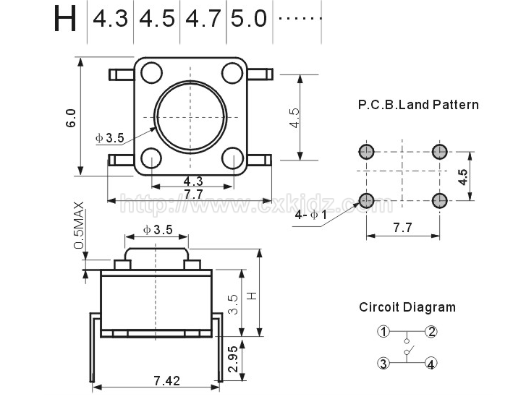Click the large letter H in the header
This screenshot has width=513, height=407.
[65, 18]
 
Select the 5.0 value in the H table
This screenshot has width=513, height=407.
[249, 19]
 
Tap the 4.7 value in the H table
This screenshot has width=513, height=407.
[203, 19]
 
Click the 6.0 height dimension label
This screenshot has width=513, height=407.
[71, 118]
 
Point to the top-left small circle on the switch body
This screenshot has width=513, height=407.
[151, 72]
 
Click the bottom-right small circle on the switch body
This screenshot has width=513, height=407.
[232, 158]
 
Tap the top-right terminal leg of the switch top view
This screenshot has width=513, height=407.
[260, 74]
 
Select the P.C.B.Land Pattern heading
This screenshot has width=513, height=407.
[418, 105]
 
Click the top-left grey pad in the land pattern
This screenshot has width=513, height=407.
[366, 151]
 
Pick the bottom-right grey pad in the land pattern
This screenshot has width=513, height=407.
[439, 200]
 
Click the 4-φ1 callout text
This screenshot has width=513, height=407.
[311, 215]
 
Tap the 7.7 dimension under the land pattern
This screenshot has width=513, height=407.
[402, 228]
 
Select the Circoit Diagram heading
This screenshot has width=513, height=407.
[407, 307]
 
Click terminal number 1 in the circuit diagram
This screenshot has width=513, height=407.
[383, 332]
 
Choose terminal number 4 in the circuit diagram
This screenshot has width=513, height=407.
[431, 364]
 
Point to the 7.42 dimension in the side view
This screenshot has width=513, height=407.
[167, 380]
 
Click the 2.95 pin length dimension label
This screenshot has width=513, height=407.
[233, 359]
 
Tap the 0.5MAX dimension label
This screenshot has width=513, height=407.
[79, 226]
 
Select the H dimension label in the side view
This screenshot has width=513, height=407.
[252, 296]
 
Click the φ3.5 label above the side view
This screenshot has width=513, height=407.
[158, 230]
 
